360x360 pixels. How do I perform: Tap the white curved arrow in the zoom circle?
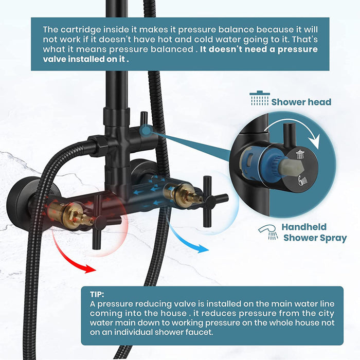pyautogui.click(x=304, y=132)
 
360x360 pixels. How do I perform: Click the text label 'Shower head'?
pyautogui.click(x=301, y=102)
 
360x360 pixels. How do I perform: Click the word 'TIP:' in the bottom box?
pyautogui.click(x=96, y=295)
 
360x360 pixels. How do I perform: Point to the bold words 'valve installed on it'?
pyautogui.click(x=84, y=59)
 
